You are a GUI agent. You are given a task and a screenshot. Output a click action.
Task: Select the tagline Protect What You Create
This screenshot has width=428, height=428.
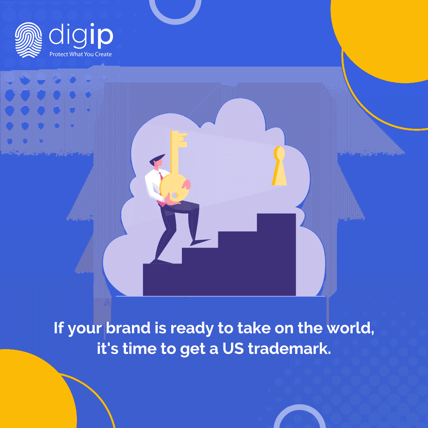(x=80, y=54)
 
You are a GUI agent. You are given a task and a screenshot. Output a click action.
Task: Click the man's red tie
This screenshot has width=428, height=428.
(x=160, y=175)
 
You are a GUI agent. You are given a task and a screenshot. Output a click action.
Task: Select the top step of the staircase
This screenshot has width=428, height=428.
(x=276, y=222)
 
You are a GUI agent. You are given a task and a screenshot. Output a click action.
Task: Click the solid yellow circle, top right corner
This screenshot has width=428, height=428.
(x=386, y=36)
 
